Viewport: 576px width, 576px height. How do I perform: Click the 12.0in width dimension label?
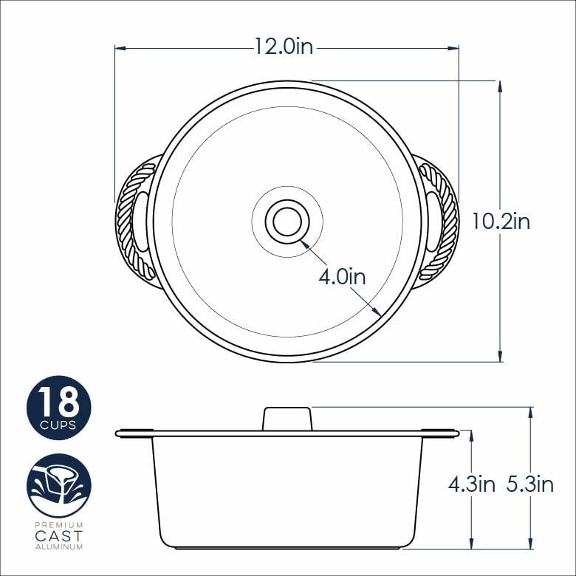point(284,47)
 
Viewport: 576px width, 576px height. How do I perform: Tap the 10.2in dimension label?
point(501,222)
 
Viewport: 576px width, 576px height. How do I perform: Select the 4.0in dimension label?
point(342,277)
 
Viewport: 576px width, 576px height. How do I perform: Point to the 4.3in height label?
point(472,484)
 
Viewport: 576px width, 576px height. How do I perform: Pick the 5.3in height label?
point(530,484)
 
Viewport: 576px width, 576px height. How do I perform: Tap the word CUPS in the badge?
point(58,425)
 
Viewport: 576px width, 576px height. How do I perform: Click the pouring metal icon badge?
point(59,486)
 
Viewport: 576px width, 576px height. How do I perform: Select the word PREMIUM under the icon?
point(59,525)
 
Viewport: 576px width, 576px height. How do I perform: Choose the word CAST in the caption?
point(59,536)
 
